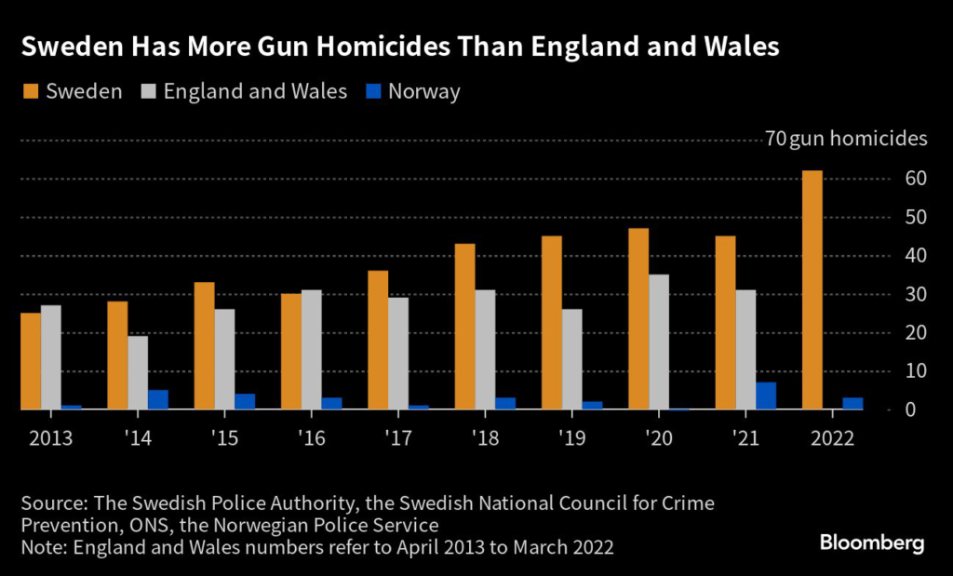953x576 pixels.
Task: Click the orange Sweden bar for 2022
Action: [812, 289]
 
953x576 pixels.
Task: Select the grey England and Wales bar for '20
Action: [658, 342]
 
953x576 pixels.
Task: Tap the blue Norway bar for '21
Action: [766, 395]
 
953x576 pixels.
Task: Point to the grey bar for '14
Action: [138, 372]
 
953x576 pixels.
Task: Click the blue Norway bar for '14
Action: [158, 399]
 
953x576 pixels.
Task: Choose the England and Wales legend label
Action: [255, 91]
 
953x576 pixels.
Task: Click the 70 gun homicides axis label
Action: [845, 140]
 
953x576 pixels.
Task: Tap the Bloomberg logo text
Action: [872, 543]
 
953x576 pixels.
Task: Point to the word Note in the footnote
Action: [40, 547]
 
